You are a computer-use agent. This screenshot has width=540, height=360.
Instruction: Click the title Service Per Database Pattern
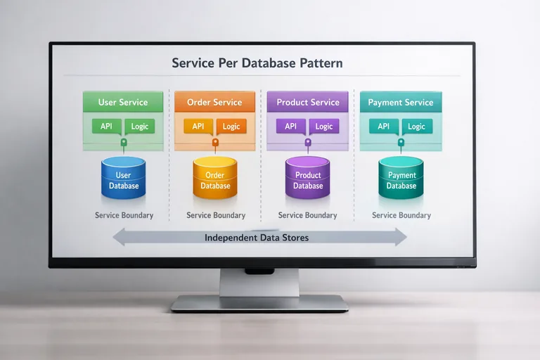(x=257, y=63)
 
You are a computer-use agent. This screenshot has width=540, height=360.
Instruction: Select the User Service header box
(x=123, y=102)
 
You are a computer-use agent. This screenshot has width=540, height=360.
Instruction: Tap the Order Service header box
(x=215, y=102)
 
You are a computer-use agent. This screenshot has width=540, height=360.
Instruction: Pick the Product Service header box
(x=307, y=102)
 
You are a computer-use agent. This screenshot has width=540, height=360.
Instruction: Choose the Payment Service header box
(x=401, y=102)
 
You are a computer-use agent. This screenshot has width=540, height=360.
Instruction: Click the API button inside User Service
(x=107, y=127)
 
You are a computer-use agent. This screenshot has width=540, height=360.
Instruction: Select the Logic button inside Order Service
(x=231, y=127)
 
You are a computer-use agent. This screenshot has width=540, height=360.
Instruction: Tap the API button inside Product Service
(x=290, y=127)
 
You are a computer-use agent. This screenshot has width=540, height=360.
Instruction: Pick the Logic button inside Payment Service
(x=416, y=127)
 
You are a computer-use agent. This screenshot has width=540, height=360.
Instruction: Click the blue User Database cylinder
(x=124, y=179)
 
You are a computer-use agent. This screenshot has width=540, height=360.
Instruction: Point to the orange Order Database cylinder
(x=215, y=179)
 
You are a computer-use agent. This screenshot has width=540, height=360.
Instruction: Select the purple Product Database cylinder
(x=308, y=179)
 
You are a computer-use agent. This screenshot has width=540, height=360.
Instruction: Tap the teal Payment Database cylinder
(x=401, y=179)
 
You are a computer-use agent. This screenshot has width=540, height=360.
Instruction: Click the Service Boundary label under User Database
(x=124, y=215)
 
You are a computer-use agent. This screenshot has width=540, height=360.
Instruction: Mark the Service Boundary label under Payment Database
(x=401, y=215)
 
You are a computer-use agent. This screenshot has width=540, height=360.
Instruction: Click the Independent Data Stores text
(x=257, y=238)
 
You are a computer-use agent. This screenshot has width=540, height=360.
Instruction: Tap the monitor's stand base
(x=259, y=303)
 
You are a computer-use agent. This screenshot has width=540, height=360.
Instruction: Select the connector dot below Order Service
(x=215, y=142)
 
